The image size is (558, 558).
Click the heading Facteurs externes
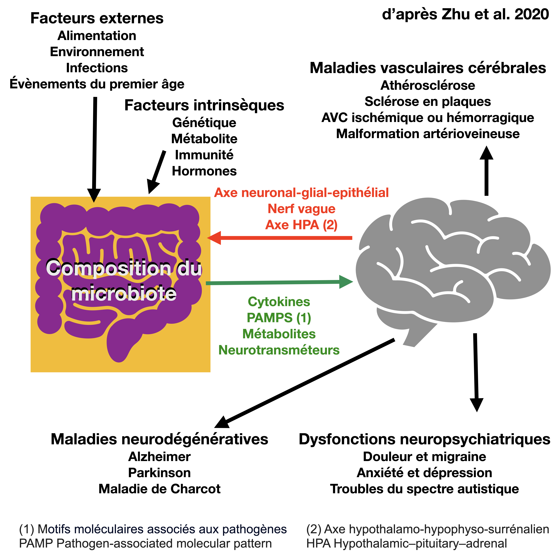click(97, 18)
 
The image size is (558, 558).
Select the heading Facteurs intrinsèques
click(204, 105)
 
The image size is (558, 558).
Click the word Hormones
click(204, 171)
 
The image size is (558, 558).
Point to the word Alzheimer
click(159, 457)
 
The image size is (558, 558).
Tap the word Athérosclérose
click(428, 85)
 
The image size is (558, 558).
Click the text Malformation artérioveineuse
click(428, 134)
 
